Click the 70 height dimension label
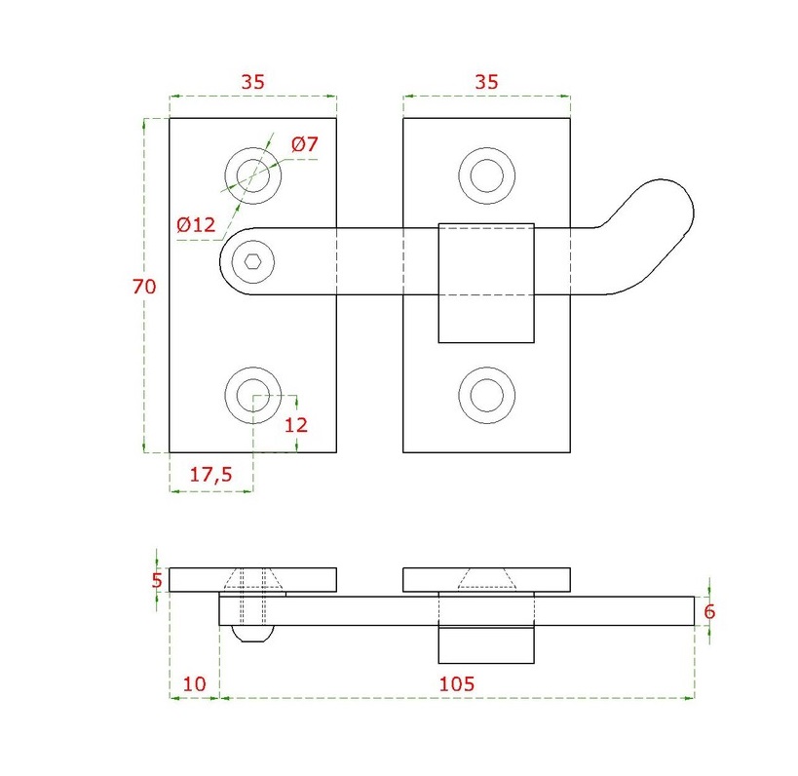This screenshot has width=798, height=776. [144, 287]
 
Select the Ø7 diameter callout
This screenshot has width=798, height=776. [305, 145]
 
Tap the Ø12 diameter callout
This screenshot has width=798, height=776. [195, 225]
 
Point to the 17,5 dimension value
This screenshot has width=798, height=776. [210, 475]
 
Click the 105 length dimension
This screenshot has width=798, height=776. [457, 683]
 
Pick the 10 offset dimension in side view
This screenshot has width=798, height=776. [194, 683]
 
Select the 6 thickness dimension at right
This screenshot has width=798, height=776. [709, 612]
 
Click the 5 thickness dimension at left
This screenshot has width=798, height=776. [157, 581]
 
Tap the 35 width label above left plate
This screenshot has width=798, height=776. [252, 83]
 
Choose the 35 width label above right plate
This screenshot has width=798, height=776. [486, 83]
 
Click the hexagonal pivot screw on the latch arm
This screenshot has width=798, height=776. [253, 260]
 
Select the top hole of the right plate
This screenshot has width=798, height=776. [486, 175]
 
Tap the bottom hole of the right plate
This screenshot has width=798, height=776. [486, 394]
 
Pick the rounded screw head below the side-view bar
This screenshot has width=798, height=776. [253, 634]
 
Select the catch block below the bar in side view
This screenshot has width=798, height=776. [486, 644]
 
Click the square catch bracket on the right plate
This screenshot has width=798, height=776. [486, 283]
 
